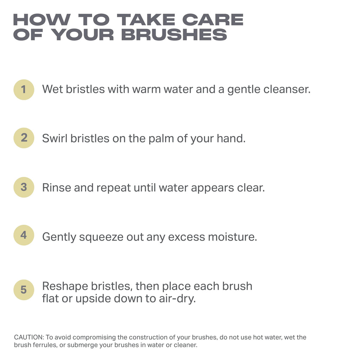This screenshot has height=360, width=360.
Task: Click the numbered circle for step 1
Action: (24, 90)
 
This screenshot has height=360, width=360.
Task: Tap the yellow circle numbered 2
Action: (24, 138)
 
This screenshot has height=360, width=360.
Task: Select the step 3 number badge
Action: (24, 187)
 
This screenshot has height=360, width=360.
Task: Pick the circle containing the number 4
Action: (24, 235)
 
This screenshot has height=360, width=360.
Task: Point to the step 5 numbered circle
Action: (24, 290)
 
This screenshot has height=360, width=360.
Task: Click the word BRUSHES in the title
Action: (174, 35)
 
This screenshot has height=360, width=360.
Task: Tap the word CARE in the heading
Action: (213, 20)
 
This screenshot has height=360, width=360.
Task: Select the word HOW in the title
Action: (42, 20)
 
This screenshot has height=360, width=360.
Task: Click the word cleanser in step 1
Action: (287, 89)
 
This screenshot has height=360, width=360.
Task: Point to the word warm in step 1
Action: (146, 89)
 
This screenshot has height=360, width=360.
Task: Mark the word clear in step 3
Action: (251, 188)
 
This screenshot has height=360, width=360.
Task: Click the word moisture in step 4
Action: (233, 237)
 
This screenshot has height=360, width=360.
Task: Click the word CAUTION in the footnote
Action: (29, 337)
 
